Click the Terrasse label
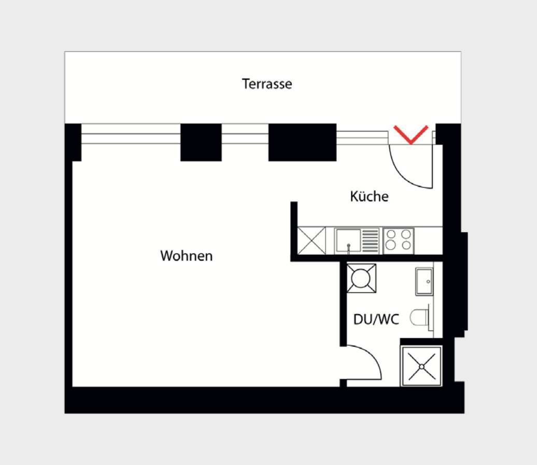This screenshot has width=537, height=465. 267,84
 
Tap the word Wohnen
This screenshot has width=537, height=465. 186,256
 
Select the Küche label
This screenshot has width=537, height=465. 369,196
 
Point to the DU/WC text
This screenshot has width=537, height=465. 376,319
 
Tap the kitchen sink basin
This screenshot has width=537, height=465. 348,240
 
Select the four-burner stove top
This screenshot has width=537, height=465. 398,241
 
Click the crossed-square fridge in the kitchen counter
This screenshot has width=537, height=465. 312,241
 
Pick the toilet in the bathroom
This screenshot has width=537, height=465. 420,318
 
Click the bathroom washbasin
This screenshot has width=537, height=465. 424,281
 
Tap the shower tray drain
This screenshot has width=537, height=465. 421,366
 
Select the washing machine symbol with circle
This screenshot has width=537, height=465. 361,278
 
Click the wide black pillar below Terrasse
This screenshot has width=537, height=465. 302,142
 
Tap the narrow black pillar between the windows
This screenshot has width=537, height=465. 201,142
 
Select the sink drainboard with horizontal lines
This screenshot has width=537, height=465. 370,241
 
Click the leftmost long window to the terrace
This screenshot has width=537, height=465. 131,134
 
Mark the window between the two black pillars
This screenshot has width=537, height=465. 245,134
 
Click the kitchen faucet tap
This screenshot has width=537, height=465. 349,248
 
